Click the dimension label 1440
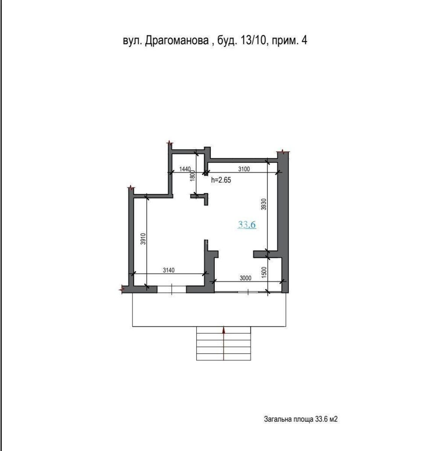pos(185,169)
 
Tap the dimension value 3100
pos(244,169)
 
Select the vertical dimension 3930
pos(264,204)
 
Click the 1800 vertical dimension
pos(192,175)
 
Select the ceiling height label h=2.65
pos(221,180)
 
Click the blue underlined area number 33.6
pos(247,225)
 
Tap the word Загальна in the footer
pos(277,419)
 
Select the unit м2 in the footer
pos(333,419)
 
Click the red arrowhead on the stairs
pos(224,330)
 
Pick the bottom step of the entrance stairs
pos(224,357)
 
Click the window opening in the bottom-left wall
pos(172,289)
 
